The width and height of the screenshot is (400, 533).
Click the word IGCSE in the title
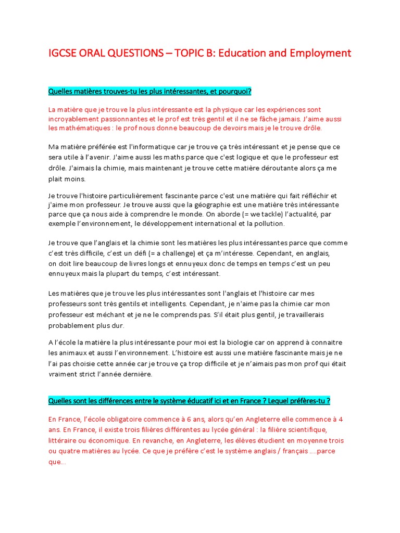(x=63, y=54)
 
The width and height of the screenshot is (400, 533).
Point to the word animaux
(x=75, y=352)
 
